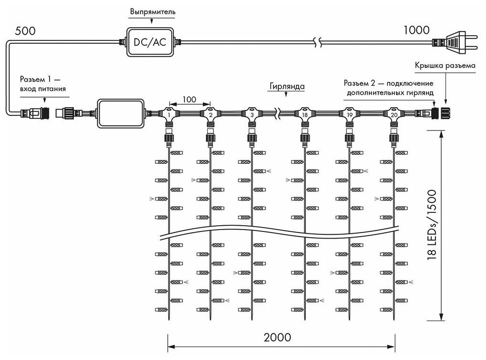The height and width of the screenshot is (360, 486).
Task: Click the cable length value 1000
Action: [x=416, y=31]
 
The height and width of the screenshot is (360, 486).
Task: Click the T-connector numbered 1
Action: [x=168, y=115]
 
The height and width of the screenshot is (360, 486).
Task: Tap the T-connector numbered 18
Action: [x=304, y=115]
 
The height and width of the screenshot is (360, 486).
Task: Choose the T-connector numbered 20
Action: [x=394, y=115]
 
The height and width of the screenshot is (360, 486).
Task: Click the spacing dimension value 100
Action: [x=189, y=100]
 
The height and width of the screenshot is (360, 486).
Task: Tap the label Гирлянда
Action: [x=286, y=87]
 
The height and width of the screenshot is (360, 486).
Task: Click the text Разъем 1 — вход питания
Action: [x=42, y=83]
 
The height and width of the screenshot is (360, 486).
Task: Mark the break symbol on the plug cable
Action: [x=318, y=42]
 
